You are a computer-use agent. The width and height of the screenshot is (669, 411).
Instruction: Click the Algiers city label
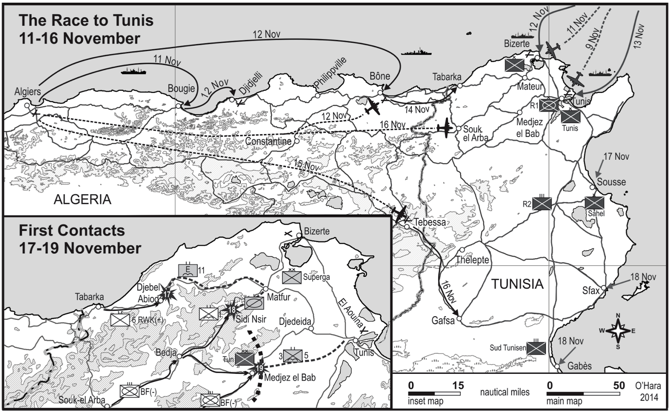[x=28, y=92]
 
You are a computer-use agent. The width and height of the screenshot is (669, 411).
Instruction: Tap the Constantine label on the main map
[x=268, y=141]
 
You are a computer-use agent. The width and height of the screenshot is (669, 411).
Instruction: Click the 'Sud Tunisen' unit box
[x=536, y=348]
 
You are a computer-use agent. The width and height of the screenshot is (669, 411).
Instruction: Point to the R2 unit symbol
[x=542, y=204]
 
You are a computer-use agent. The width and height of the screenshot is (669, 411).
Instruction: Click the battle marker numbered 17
[x=168, y=294]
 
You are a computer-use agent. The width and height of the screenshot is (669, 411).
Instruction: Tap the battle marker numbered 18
[x=232, y=310]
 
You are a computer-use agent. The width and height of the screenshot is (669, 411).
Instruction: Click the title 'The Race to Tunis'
[x=86, y=20]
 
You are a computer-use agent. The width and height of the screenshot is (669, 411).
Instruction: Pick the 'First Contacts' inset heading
[x=71, y=230]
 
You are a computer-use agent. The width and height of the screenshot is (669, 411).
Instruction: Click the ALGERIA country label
[x=82, y=199]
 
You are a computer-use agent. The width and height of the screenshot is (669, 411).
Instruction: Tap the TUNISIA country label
[x=517, y=284]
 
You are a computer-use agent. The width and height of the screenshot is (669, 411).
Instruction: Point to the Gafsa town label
[x=443, y=321]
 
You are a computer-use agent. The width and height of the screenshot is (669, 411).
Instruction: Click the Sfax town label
[x=591, y=291]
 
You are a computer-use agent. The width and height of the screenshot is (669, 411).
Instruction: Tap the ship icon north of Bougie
[x=133, y=71]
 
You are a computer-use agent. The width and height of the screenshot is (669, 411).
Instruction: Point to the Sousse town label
[x=611, y=182]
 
